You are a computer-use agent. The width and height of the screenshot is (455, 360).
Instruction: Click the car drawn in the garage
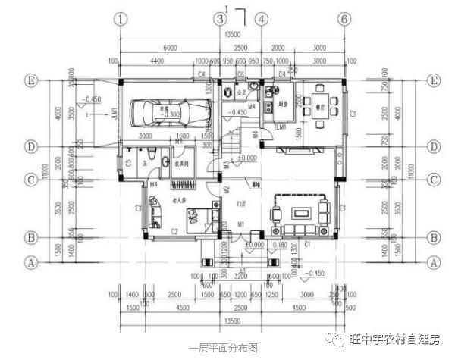164,113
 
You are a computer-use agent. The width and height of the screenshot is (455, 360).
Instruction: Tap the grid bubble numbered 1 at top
120,18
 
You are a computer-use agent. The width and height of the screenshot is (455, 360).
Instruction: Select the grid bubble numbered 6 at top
344,18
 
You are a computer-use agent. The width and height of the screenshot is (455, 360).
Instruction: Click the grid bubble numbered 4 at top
261,18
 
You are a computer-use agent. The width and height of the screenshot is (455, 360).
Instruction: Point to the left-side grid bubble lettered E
31,80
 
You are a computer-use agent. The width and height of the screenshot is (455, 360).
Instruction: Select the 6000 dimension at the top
170,47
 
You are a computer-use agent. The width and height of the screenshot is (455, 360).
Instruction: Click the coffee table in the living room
302,207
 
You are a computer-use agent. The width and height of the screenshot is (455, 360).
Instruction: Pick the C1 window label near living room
307,245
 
